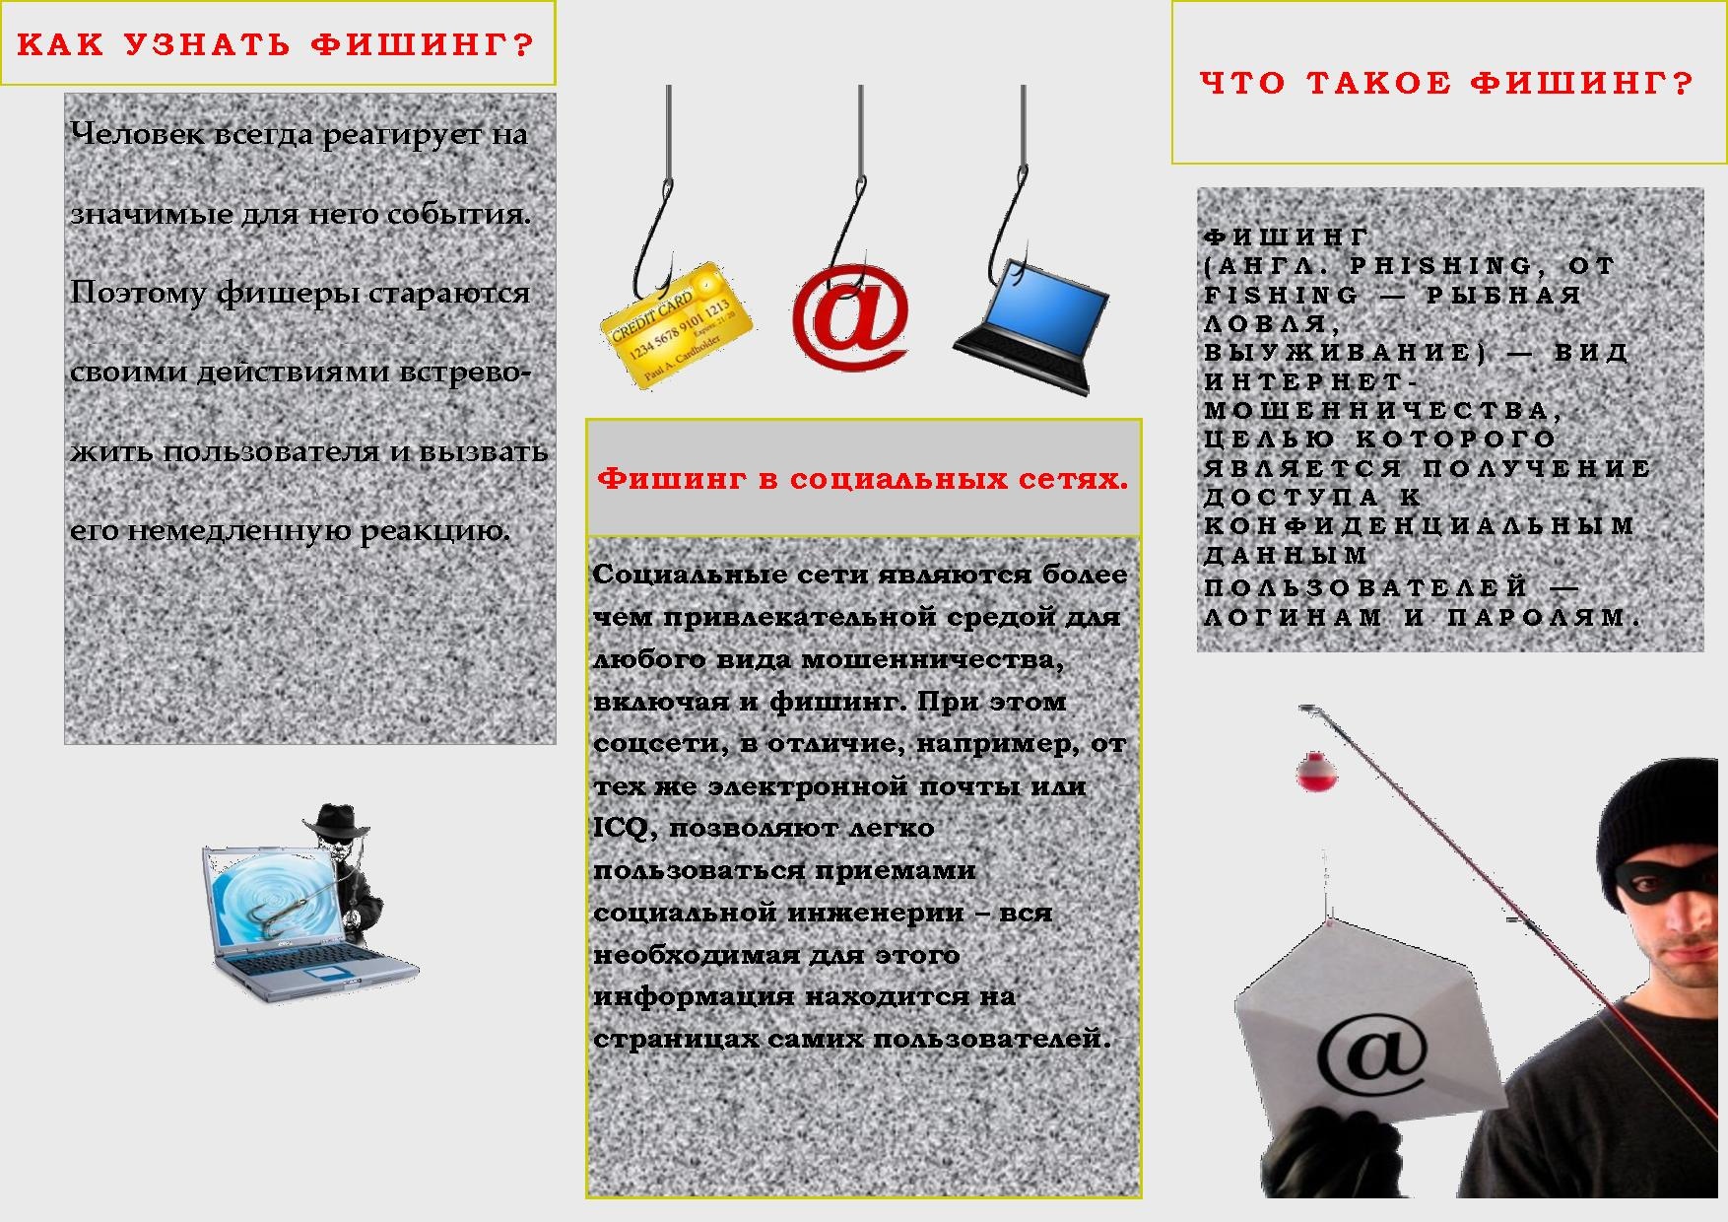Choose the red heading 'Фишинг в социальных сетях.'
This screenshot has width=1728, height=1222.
863,479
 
